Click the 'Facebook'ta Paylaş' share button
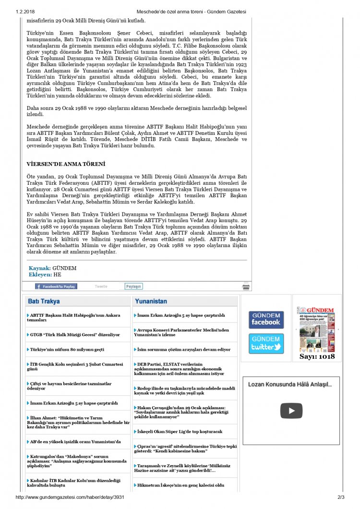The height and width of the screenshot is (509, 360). pyautogui.click(x=56, y=286)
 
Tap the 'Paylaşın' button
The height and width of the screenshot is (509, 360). pyautogui.click(x=134, y=286)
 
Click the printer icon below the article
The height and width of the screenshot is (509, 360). pyautogui.click(x=246, y=287)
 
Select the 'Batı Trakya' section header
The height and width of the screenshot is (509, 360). pyautogui.click(x=44, y=301)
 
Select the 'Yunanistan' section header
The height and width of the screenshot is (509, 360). pyautogui.click(x=151, y=301)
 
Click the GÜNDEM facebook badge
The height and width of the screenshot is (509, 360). pyautogui.click(x=266, y=320)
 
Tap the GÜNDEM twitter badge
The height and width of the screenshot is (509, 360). pyautogui.click(x=266, y=343)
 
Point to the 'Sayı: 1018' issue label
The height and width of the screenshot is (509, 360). pyautogui.click(x=317, y=356)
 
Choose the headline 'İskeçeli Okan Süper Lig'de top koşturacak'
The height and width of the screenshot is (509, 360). pyautogui.click(x=180, y=431)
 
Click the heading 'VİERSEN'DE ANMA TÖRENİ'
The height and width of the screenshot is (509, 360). pyautogui.click(x=66, y=164)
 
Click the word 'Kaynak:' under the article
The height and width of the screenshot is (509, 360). pyautogui.click(x=39, y=268)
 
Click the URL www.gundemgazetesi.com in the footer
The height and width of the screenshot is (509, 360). pyautogui.click(x=70, y=497)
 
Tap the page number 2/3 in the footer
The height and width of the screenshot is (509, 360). pyautogui.click(x=341, y=497)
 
